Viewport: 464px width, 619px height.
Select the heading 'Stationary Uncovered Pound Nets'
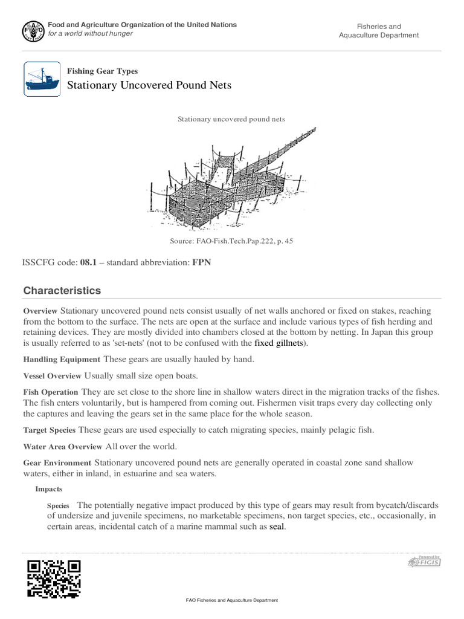pos(149,85)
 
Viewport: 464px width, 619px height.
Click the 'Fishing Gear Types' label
pos(102,71)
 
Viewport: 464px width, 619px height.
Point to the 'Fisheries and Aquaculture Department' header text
pos(378,31)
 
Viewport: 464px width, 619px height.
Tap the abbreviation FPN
pos(202,262)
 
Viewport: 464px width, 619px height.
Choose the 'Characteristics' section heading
pos(62,291)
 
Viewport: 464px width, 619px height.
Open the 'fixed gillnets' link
pos(280,343)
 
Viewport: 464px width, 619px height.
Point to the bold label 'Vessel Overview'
pos(53,375)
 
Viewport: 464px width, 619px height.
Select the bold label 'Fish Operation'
pos(51,392)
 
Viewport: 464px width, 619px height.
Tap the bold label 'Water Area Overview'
pos(63,447)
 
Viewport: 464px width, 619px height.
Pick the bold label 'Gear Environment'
pos(57,463)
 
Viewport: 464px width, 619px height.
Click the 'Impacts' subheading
pos(49,488)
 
